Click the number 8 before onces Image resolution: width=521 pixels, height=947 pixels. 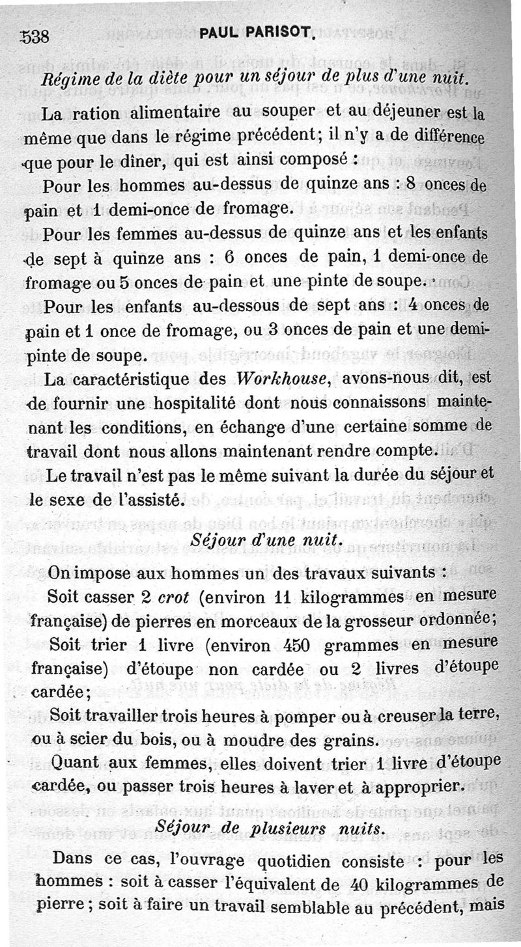click(x=410, y=184)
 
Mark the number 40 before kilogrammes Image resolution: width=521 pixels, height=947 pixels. click(x=362, y=884)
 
